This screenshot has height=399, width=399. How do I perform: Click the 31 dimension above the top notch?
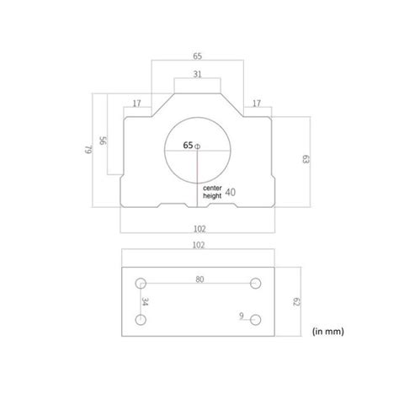(x=198, y=74)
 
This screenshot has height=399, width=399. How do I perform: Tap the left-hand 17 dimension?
(x=137, y=104)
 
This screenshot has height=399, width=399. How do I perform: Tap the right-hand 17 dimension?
(x=258, y=104)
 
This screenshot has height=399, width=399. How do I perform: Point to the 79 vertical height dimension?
(x=87, y=151)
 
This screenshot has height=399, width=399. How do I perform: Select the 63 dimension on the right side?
(x=306, y=158)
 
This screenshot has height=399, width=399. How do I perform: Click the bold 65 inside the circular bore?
(x=188, y=146)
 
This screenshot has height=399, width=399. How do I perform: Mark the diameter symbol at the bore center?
(x=199, y=146)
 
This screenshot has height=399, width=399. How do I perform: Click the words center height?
(x=212, y=192)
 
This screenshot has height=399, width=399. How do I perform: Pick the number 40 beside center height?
(x=231, y=192)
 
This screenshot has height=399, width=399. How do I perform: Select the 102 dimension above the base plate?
(x=198, y=247)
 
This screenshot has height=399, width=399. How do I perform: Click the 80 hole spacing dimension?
(x=199, y=279)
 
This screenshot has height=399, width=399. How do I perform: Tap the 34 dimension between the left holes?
(x=144, y=301)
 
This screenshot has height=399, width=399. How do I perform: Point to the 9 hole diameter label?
(x=241, y=317)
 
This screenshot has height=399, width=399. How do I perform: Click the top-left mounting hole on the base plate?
(x=141, y=284)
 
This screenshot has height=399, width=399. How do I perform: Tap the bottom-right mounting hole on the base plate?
(x=257, y=319)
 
